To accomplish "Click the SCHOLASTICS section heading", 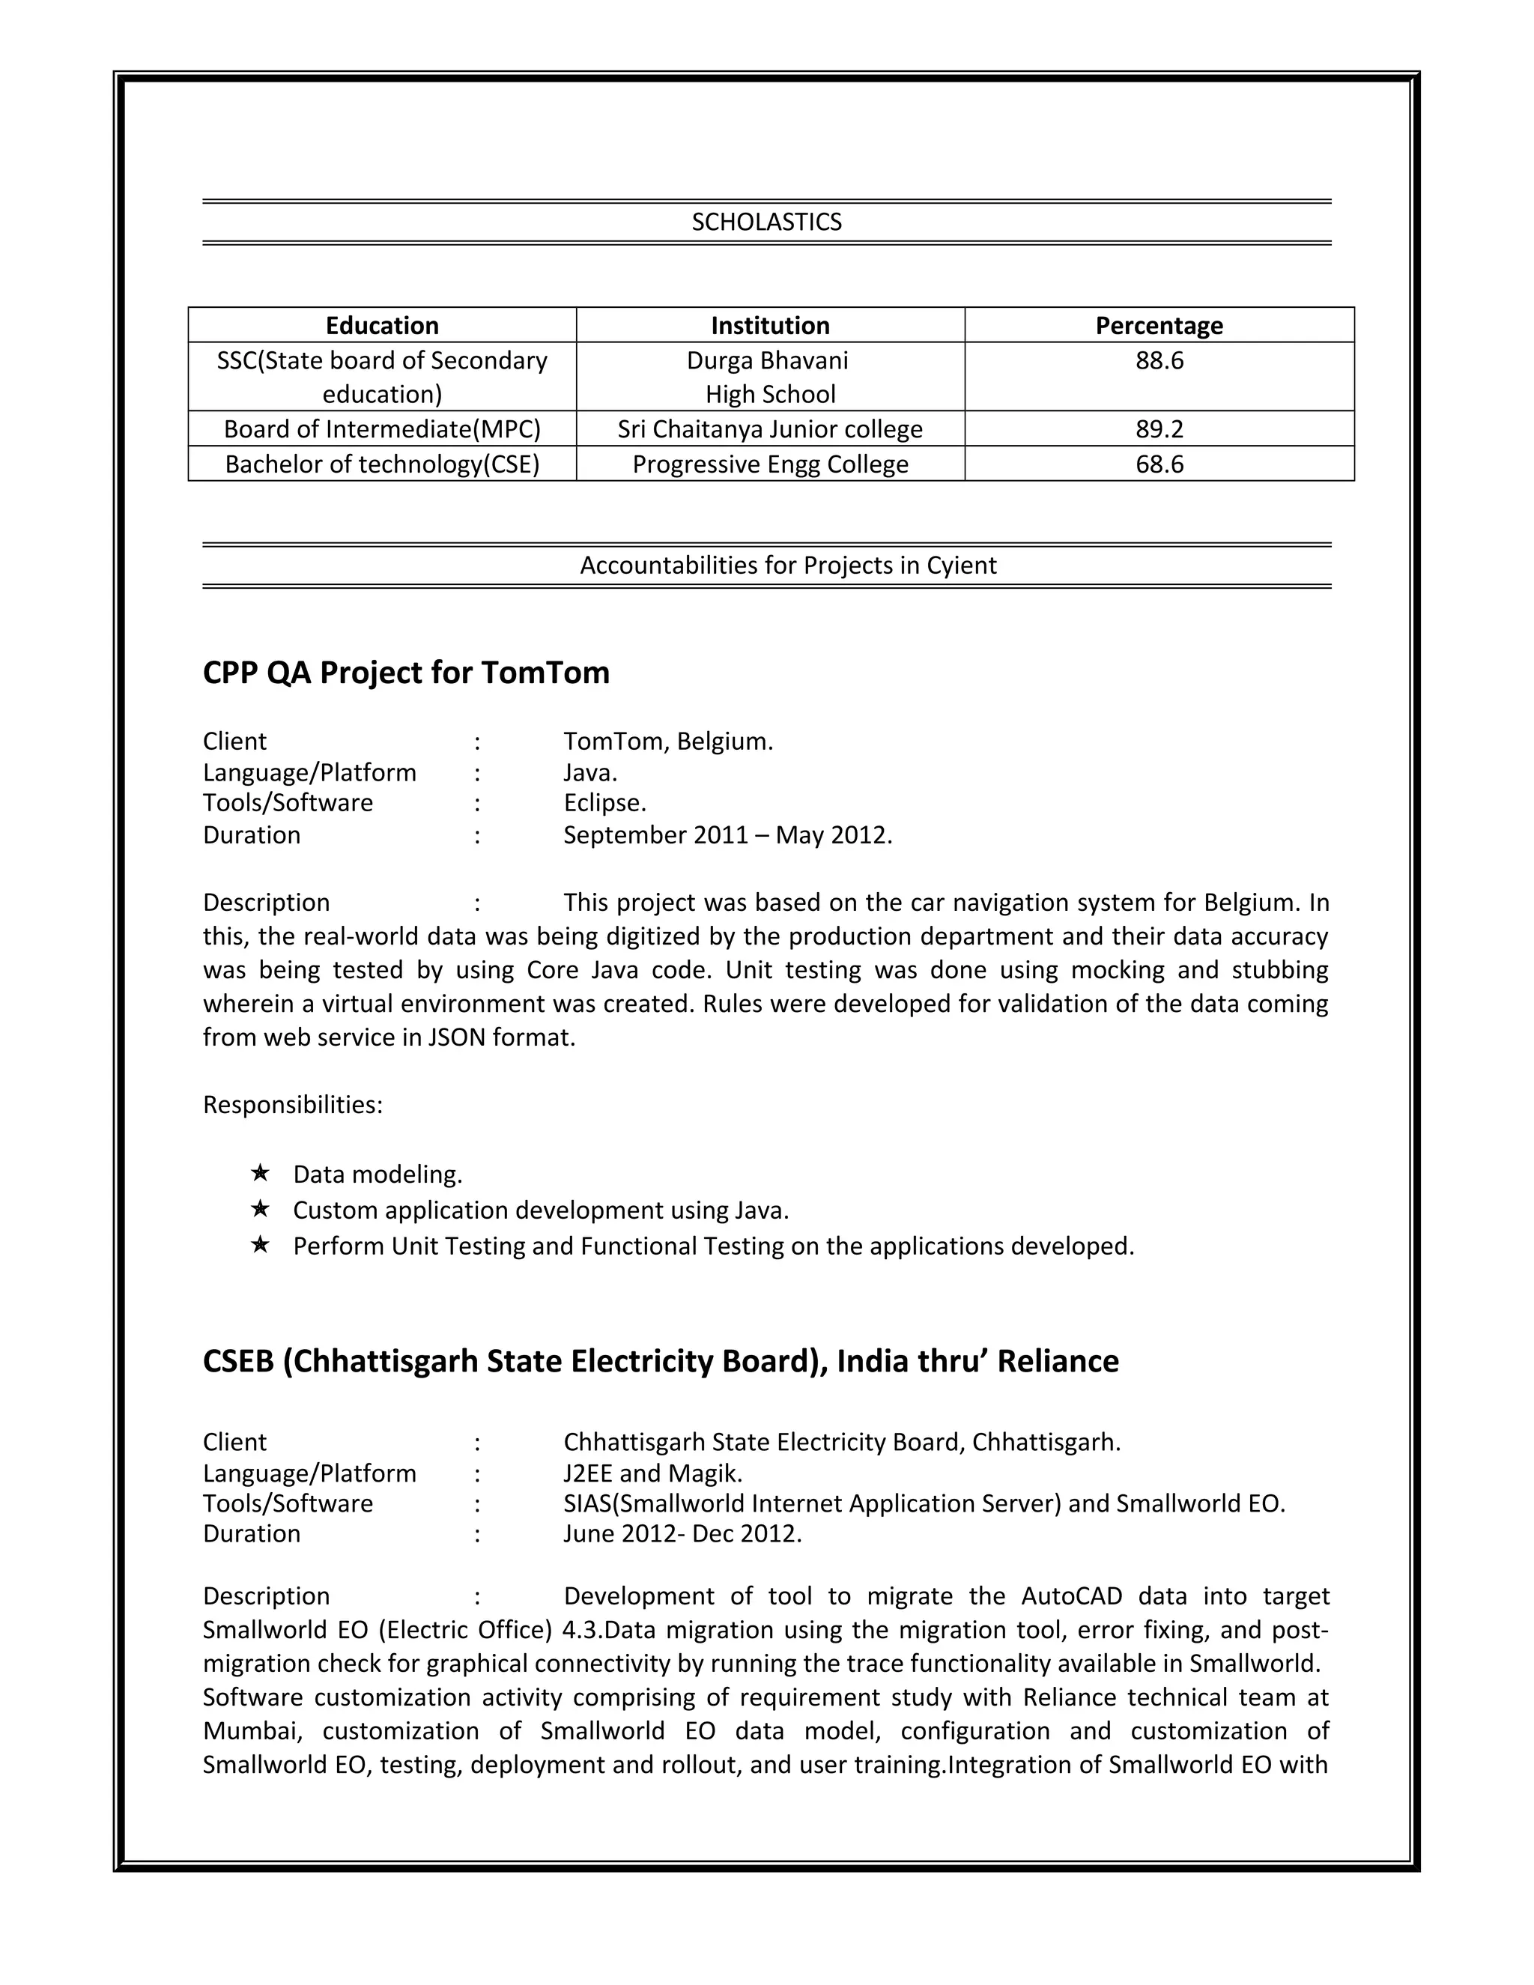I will tap(766, 222).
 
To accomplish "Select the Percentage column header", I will tap(1159, 325).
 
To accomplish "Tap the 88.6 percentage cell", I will tap(1159, 361).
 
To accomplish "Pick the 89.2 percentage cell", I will tap(1159, 429).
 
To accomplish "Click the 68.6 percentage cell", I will tap(1159, 464).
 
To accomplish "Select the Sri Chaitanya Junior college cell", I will tap(770, 429).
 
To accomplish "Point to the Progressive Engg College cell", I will tap(770, 464).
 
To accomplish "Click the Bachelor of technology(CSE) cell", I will tap(382, 464).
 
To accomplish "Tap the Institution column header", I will tap(770, 325).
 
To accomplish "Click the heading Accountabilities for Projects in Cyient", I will tap(788, 566).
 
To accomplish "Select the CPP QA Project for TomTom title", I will tap(406, 673).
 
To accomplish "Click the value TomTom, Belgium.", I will tap(668, 742).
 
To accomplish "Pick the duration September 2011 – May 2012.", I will tap(727, 835).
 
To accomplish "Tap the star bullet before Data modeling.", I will tap(260, 1173).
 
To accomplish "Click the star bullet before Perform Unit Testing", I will tap(260, 1244).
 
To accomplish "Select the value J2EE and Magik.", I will tap(652, 1473).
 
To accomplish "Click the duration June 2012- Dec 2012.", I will tap(682, 1534).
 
